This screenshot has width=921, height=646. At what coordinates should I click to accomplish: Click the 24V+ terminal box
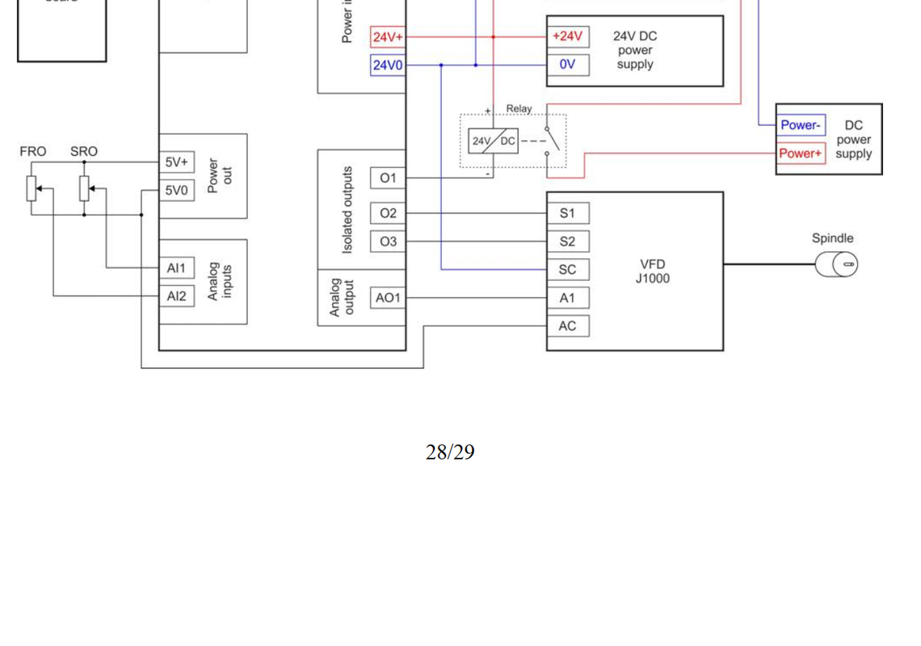tap(388, 37)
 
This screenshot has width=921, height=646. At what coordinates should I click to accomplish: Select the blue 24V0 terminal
tap(388, 65)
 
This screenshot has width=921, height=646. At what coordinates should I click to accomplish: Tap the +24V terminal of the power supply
tap(567, 36)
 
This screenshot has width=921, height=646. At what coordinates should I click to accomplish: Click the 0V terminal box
tap(567, 65)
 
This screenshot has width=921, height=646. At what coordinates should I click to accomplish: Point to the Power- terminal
tap(801, 125)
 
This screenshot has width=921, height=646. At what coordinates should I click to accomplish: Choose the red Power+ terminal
tap(801, 153)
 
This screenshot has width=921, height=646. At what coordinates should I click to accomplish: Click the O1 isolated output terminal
tap(388, 178)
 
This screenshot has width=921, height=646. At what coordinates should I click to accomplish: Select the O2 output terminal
tap(388, 213)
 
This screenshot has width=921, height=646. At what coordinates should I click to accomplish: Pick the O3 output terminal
tap(388, 241)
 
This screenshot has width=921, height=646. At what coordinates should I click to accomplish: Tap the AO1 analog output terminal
tap(388, 298)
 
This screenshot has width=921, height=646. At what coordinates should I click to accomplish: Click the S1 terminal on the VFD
tap(567, 213)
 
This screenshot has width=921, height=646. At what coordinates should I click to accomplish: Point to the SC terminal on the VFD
tap(567, 270)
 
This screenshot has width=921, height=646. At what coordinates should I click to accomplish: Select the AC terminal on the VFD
tap(567, 326)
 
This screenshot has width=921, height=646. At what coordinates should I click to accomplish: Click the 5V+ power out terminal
tap(176, 162)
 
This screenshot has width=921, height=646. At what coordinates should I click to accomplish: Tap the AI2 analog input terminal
tap(176, 296)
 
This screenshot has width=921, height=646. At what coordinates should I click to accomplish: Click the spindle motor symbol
tap(837, 264)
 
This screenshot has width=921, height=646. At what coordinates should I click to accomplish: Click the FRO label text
tap(33, 152)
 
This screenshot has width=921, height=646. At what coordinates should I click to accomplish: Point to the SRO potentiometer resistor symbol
tap(84, 188)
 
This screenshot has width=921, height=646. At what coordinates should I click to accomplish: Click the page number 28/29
tap(450, 452)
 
